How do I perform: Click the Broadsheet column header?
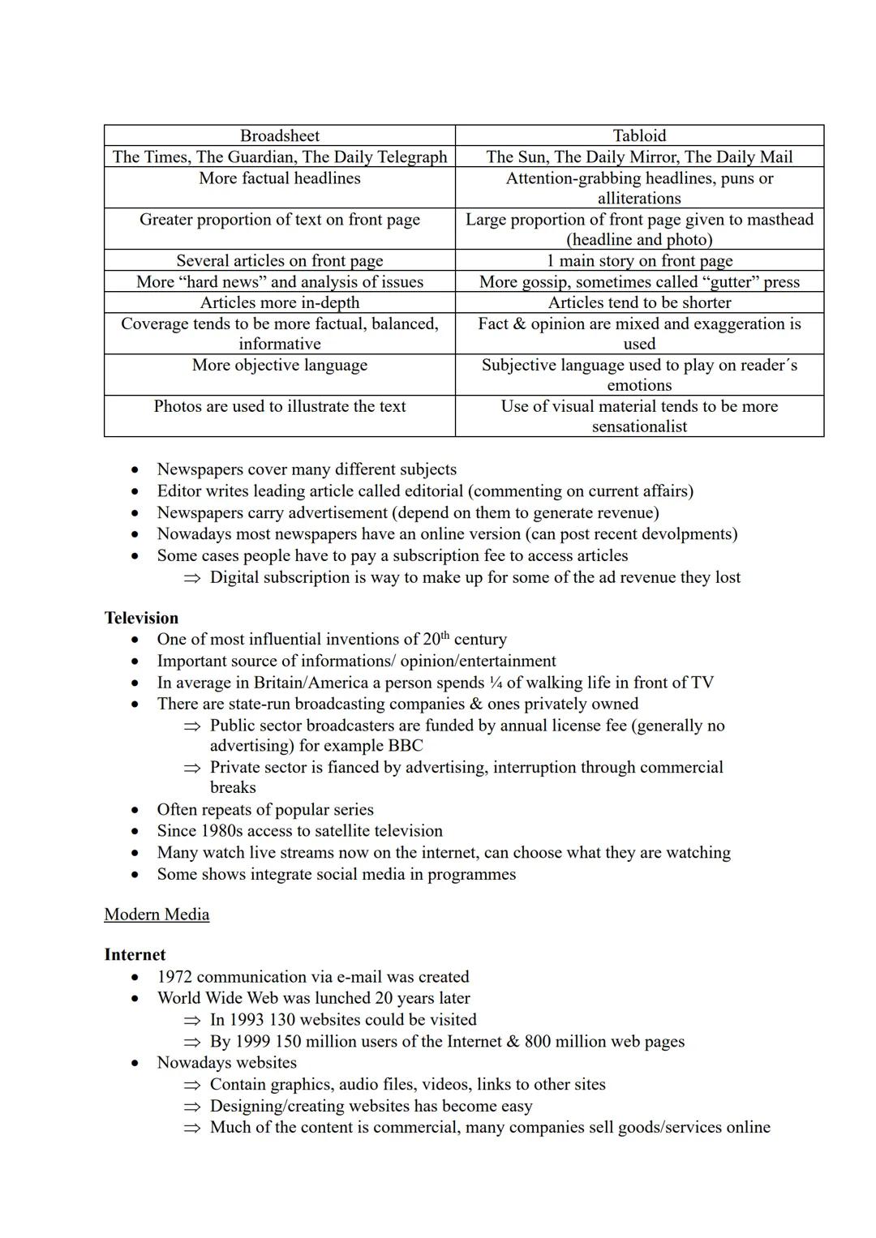pos(279,136)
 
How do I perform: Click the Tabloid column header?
pos(639,136)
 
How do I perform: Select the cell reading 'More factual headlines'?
pos(279,178)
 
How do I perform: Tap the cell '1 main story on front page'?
pos(639,261)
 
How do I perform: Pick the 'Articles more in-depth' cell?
pos(279,303)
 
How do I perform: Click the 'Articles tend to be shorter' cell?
pos(639,303)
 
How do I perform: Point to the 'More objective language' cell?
pos(279,366)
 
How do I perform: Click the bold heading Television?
pos(141,618)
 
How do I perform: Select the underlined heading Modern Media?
pos(157,915)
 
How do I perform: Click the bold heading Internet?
pos(135,955)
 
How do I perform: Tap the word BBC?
pos(405,746)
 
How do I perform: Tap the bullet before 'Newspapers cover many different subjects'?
pos(135,470)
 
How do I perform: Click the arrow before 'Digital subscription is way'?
pos(191,578)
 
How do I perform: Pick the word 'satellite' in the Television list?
pos(312,831)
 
